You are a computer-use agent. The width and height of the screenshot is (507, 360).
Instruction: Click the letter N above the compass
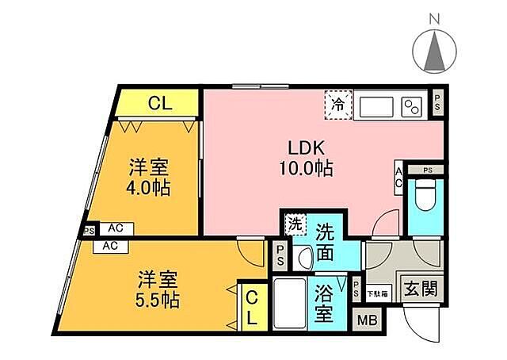tap(434, 17)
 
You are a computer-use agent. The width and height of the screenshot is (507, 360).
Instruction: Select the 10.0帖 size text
tap(304, 168)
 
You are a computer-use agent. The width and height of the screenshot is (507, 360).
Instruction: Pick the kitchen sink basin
tap(376, 105)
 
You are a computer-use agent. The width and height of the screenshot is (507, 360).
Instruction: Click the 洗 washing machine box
tap(294, 224)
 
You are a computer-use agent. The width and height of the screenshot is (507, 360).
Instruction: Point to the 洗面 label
tap(330, 244)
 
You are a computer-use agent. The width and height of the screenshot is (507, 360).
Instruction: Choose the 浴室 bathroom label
tap(323, 302)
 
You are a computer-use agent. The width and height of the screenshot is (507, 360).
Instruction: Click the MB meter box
tap(367, 321)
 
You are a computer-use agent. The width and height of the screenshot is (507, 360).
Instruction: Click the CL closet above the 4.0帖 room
tap(158, 102)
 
